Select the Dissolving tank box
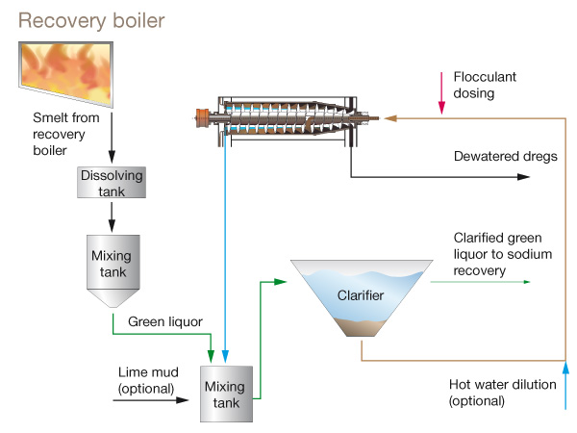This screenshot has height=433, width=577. [x=113, y=183]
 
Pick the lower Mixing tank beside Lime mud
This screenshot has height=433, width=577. [x=225, y=393]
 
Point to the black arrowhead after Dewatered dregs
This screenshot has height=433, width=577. [x=523, y=177]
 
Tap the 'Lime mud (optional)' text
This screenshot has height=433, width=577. [x=146, y=380]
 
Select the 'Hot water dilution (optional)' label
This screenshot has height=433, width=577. [x=503, y=392]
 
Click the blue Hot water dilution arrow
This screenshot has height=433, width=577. [x=565, y=385]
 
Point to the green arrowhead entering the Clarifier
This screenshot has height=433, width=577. [x=284, y=282]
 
